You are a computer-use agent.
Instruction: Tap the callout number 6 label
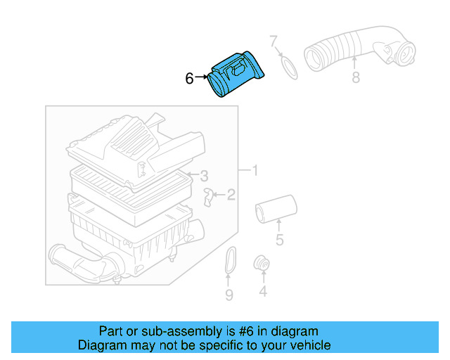189,79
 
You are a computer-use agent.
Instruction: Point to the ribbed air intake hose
352,51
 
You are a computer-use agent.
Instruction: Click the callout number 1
255,170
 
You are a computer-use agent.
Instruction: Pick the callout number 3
203,175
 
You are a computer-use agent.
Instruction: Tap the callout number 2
231,195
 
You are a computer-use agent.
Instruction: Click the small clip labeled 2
209,196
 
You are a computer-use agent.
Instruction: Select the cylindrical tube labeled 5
275,209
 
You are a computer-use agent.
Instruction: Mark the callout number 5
279,241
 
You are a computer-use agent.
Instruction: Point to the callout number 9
229,295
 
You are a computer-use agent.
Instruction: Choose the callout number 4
262,290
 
